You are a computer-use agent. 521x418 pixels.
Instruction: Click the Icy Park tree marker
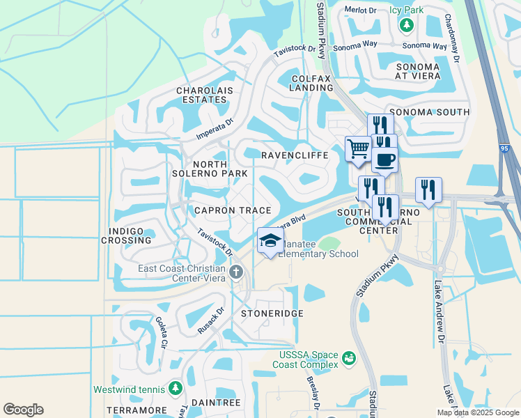(406, 25)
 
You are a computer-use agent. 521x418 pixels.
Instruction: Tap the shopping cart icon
(358, 148)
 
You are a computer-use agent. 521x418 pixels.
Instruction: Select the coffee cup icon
(384, 160)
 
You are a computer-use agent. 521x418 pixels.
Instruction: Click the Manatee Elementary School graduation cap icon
(270, 241)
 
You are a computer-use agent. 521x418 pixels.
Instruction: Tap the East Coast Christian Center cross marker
(237, 271)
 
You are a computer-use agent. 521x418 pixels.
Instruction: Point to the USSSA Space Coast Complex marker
(348, 359)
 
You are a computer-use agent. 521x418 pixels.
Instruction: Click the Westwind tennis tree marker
(176, 389)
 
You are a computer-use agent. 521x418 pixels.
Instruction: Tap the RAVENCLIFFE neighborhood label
(294, 155)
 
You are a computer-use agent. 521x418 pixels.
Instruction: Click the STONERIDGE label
(272, 314)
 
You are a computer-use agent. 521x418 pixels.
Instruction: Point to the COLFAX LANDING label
(311, 84)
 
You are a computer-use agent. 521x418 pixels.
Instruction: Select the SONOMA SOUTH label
(429, 112)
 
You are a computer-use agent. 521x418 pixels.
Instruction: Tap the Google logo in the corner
(24, 410)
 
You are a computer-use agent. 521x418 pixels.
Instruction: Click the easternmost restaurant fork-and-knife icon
(428, 190)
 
